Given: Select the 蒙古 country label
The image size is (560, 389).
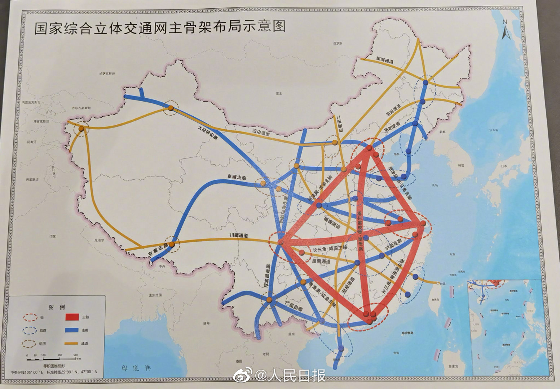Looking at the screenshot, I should [x=278, y=94].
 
